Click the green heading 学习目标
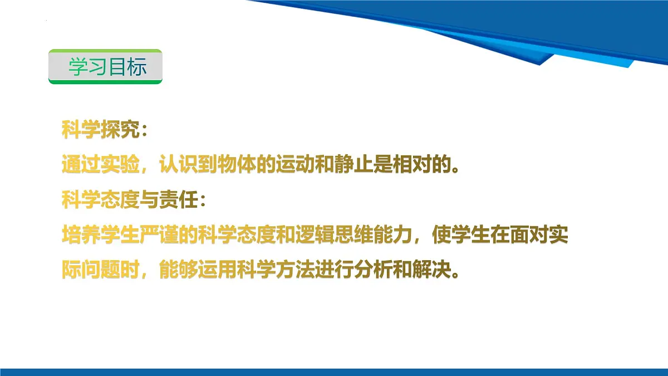(106, 67)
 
